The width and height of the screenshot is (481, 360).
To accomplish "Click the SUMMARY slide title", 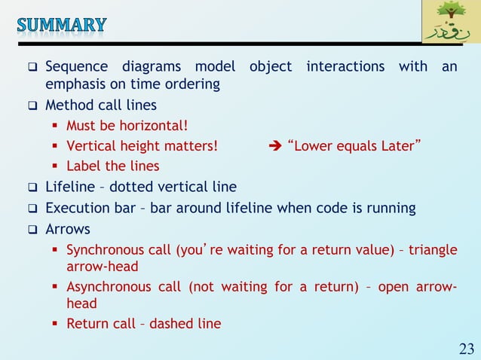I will pyautogui.click(x=62, y=25).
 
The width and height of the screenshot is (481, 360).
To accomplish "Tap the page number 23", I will pyautogui.click(x=467, y=348).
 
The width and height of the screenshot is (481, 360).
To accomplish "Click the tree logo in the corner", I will pyautogui.click(x=451, y=22).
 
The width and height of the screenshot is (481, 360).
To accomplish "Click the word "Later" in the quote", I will pyautogui.click(x=397, y=145).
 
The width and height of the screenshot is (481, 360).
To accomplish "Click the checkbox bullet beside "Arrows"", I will pyautogui.click(x=33, y=229).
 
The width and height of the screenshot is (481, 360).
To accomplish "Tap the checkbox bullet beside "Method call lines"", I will pyautogui.click(x=33, y=105).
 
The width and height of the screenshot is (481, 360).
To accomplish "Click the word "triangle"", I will pyautogui.click(x=433, y=250).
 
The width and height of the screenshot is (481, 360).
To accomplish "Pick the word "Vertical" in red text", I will pyautogui.click(x=91, y=145).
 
